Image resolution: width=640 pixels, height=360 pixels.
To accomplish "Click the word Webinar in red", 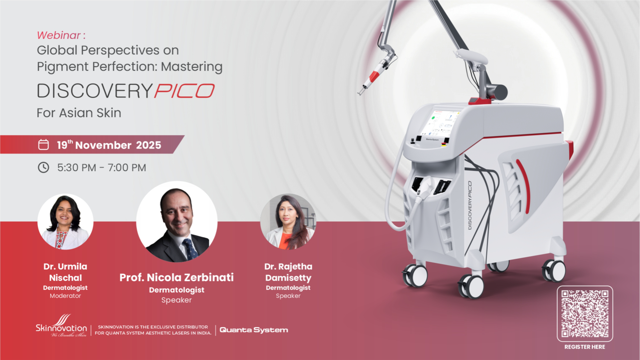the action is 59,35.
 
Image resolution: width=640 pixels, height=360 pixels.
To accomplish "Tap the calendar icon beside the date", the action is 43,145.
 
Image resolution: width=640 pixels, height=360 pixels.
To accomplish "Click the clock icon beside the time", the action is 43,167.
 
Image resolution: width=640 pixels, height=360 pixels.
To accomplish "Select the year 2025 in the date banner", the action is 148,145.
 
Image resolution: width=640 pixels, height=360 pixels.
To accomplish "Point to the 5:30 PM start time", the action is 77,167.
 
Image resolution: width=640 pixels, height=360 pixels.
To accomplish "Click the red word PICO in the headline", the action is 184,91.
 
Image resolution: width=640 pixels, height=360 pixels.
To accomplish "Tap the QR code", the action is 585,313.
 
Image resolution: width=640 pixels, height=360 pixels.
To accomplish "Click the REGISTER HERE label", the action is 585,347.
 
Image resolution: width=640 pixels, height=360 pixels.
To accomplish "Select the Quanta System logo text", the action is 254,330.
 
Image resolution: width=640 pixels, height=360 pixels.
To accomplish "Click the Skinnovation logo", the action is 61,326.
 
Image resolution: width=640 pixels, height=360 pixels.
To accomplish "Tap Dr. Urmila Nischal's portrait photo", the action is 65,222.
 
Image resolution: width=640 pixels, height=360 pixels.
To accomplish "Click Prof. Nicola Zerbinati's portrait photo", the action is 177,222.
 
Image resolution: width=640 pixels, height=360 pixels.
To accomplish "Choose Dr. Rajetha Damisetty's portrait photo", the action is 288,222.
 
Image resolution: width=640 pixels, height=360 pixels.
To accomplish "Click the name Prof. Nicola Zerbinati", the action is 177,277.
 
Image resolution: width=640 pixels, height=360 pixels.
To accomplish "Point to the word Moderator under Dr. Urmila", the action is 65,296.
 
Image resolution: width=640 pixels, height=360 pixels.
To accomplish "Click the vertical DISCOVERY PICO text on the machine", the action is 470,205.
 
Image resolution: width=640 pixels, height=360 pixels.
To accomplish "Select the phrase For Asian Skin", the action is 79,113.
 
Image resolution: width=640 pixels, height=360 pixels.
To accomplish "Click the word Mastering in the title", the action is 192,67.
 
